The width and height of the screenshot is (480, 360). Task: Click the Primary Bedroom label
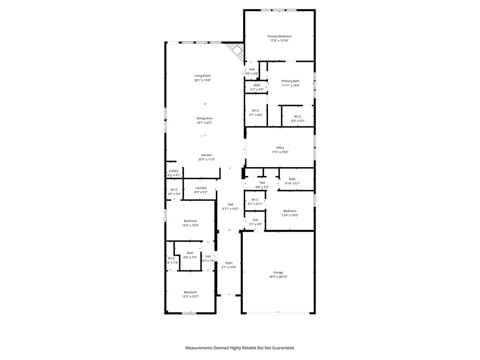coord(279,36)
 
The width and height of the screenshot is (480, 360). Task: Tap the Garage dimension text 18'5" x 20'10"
coord(278,277)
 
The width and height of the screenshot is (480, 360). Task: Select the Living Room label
coord(202,76)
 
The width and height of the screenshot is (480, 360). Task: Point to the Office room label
coord(280,148)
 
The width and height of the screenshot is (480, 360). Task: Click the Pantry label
coord(174,171)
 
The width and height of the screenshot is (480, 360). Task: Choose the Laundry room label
coord(201,188)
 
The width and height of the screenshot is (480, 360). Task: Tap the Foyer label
coord(229,263)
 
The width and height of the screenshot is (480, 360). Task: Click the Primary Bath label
coord(290,81)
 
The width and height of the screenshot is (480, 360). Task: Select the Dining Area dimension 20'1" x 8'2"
coord(204,123)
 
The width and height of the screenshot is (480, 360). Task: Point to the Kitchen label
coord(206,155)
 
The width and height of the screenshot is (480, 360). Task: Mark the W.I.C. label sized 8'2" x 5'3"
coord(298,116)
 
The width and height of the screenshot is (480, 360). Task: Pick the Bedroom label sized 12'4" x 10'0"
coord(290,211)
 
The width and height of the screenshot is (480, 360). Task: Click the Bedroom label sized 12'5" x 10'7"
coord(190,292)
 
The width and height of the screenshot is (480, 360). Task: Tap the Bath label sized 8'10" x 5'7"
coord(292,179)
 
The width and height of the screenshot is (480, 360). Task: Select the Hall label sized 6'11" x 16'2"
coord(230,204)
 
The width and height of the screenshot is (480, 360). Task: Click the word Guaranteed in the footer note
coord(282,348)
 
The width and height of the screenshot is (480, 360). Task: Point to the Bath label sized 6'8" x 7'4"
coord(190,253)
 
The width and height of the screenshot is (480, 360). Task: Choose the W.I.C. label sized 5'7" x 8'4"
coord(256,110)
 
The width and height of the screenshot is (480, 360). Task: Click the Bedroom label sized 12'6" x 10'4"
coord(190,221)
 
